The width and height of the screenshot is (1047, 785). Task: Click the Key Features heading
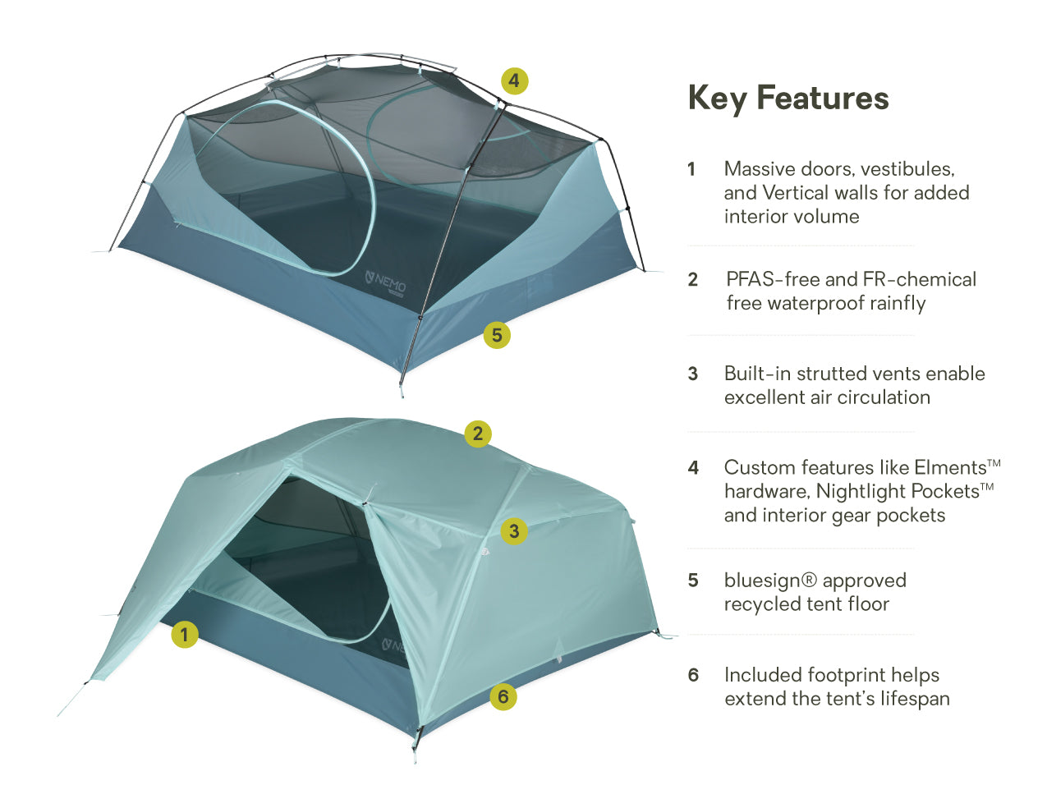[788, 99]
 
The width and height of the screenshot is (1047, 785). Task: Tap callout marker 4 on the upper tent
[514, 80]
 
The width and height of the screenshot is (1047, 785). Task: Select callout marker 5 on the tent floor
[497, 335]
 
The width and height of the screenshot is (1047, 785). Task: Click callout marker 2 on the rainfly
[478, 434]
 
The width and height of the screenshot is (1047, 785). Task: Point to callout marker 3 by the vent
[514, 531]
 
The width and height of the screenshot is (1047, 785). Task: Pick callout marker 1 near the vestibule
[185, 635]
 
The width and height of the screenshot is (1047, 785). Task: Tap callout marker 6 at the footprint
[503, 697]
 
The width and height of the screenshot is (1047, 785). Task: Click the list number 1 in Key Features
[691, 169]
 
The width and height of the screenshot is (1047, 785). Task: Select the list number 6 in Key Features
[693, 675]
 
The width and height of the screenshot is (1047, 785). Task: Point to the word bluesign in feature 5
[762, 581]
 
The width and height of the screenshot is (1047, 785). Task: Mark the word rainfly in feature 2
[892, 304]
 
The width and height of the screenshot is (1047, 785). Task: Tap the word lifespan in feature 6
[915, 700]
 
